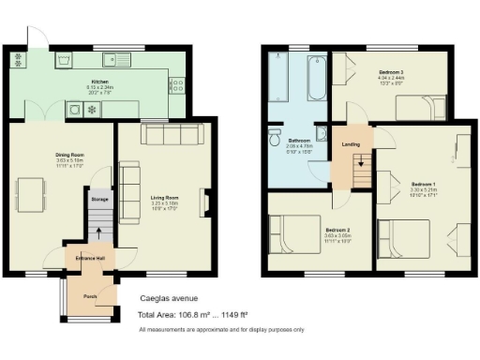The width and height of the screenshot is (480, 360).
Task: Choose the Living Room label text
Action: [164, 198]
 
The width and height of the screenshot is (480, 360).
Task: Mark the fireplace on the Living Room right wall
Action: [206, 202]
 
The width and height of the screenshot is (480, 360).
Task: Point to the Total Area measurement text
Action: [204, 315]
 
